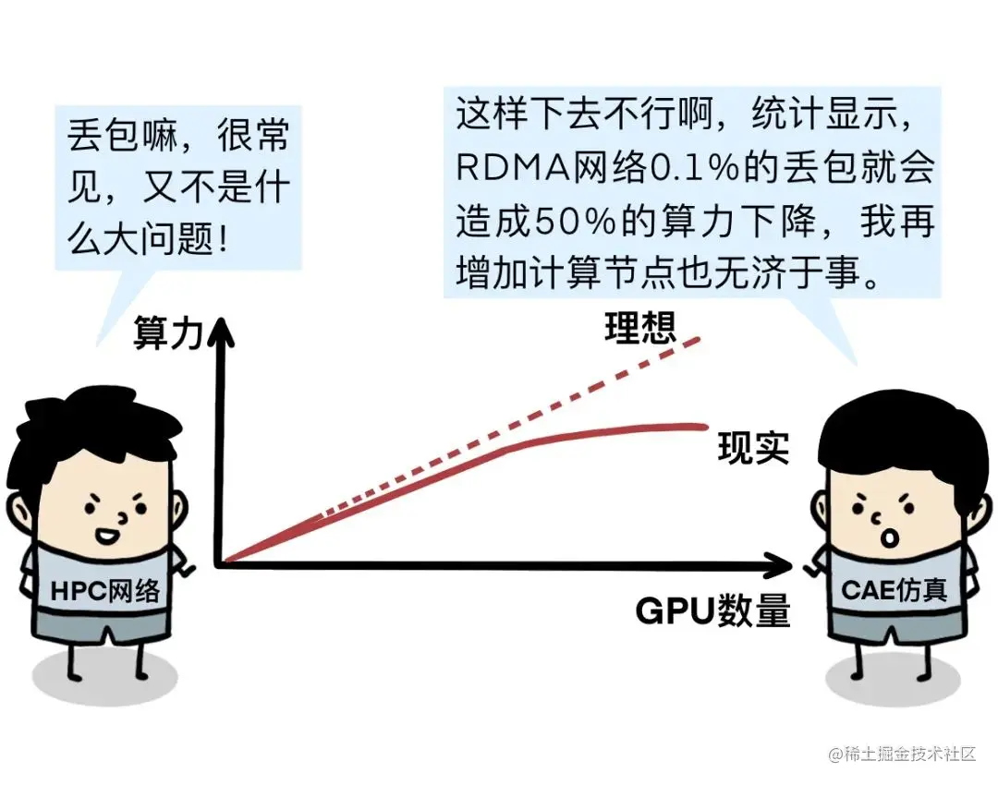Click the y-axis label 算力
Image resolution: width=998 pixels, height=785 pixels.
(x=167, y=332)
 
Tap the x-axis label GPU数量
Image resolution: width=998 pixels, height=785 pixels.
(x=712, y=610)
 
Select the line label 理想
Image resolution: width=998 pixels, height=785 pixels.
(x=641, y=328)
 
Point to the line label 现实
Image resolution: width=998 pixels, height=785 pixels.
(x=753, y=448)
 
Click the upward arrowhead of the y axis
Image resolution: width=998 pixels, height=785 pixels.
(x=220, y=328)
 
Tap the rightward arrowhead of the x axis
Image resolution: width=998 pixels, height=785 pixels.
(x=781, y=563)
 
